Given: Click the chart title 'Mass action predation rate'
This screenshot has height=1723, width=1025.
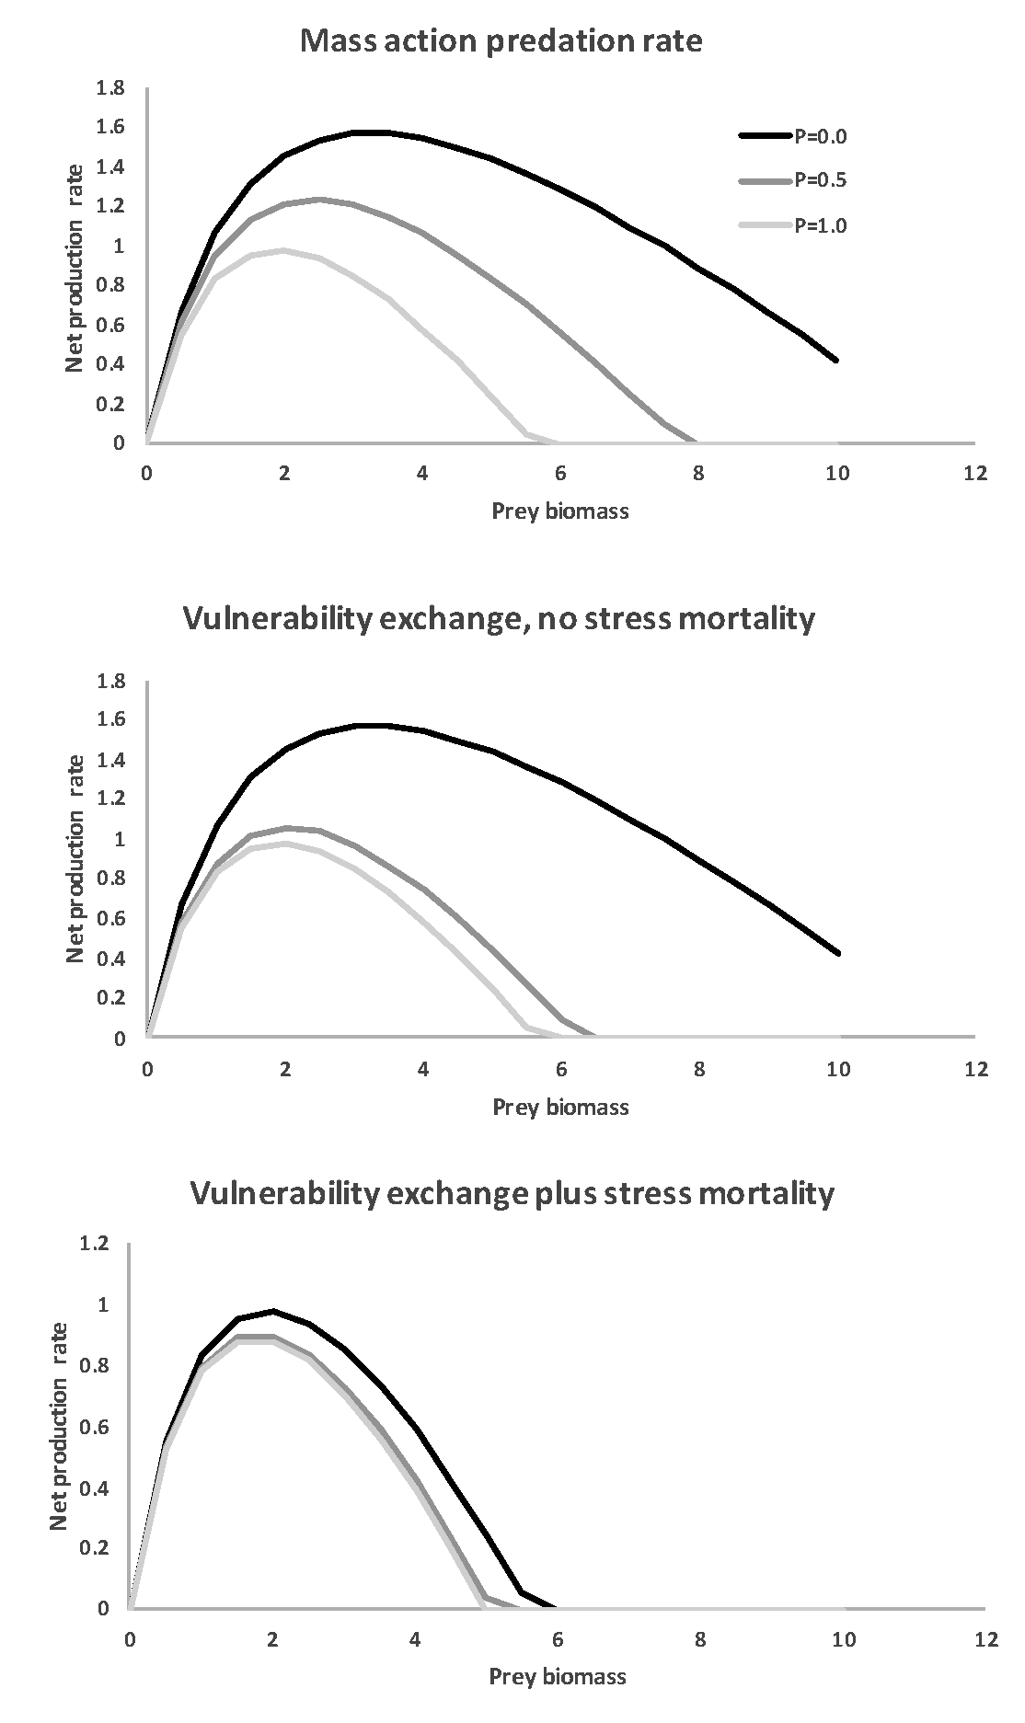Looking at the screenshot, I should pyautogui.click(x=501, y=41).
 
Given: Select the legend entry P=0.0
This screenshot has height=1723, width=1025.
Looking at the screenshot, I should pyautogui.click(x=820, y=137).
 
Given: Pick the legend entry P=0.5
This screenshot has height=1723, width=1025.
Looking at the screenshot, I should pyautogui.click(x=820, y=181).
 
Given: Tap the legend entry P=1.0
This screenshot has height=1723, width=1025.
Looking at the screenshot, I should pyautogui.click(x=820, y=225).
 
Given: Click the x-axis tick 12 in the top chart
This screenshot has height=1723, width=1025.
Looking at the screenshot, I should pyautogui.click(x=974, y=474).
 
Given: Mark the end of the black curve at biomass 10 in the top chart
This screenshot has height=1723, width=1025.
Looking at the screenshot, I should pyautogui.click(x=836, y=361).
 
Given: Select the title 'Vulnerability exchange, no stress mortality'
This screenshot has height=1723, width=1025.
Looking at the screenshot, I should pyautogui.click(x=499, y=618).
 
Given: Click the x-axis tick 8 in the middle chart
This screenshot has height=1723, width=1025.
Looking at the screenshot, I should pyautogui.click(x=699, y=1069).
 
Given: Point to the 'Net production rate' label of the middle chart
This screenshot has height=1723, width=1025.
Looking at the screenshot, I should pyautogui.click(x=76, y=858).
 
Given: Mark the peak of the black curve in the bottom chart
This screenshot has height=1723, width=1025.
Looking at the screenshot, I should pyautogui.click(x=272, y=1311).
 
